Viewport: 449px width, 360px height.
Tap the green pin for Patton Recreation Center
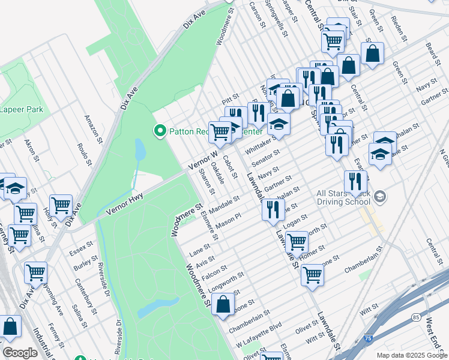(x=160, y=130)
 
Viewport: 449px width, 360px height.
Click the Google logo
(x=21, y=353)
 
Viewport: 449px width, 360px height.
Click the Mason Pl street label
(x=228, y=221)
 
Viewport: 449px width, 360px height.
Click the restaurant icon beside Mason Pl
(x=273, y=210)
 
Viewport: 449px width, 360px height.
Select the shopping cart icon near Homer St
(x=297, y=242)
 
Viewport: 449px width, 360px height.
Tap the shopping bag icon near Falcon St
(x=223, y=304)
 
